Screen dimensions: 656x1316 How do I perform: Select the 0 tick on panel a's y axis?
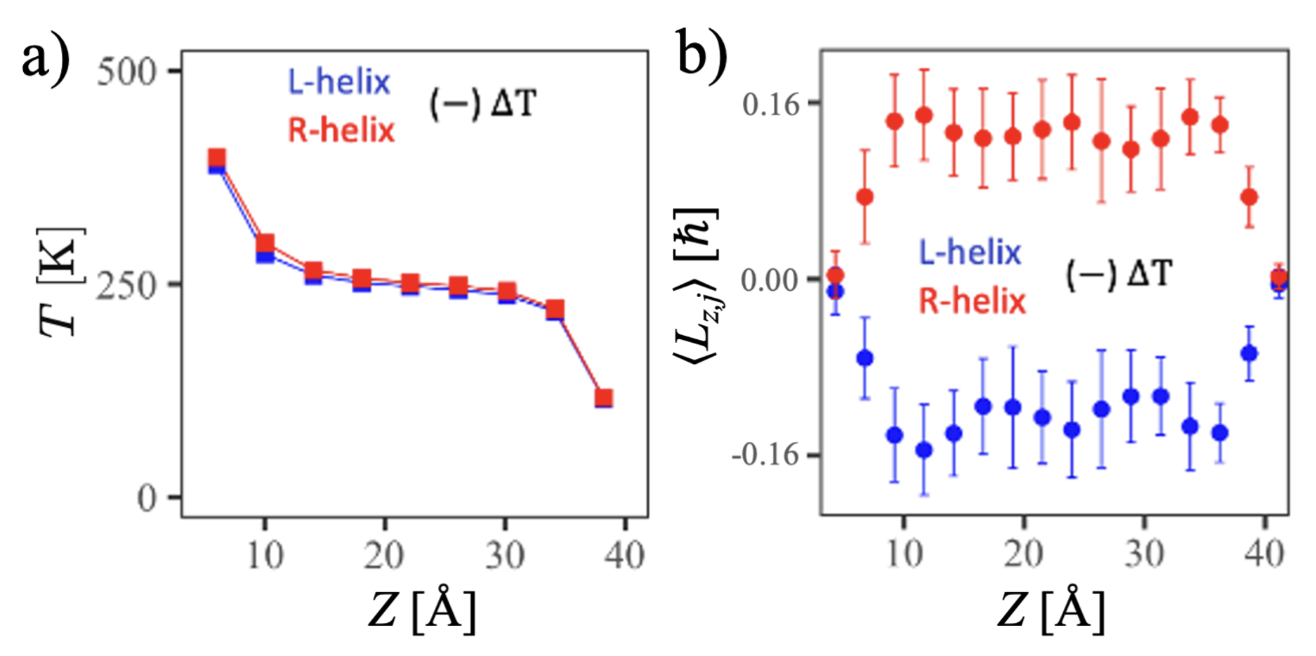147,498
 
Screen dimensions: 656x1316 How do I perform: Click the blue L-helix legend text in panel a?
339,82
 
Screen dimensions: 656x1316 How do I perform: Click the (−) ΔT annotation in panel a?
483,105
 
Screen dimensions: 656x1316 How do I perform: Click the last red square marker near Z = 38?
603,398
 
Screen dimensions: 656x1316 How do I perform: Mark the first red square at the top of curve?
217,158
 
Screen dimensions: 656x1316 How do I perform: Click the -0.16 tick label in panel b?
765,455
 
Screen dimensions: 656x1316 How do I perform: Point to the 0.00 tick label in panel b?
770,280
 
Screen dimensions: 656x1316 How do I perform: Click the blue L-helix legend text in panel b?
970,252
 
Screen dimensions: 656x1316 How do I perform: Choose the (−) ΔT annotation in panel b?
1119,274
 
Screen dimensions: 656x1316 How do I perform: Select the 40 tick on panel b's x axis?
1265,555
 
